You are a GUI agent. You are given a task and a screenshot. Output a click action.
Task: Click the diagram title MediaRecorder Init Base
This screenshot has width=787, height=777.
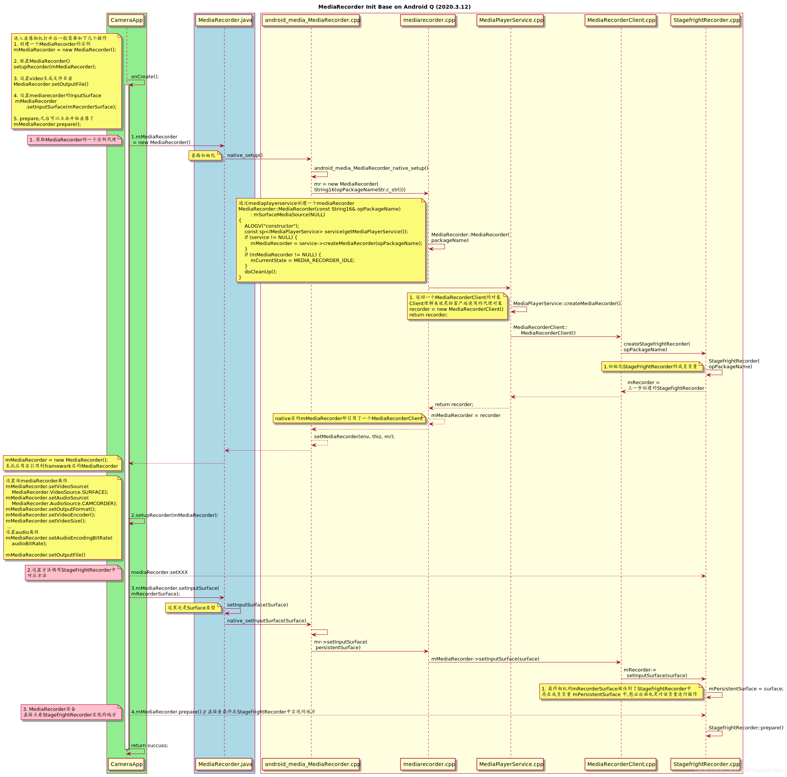pos(394,7)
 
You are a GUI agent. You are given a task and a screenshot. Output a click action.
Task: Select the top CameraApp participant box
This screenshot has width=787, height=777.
pos(126,20)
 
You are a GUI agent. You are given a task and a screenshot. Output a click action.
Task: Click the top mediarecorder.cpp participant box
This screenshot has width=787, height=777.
pos(429,20)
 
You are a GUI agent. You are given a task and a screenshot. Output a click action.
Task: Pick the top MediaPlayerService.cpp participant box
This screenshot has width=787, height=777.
pos(511,20)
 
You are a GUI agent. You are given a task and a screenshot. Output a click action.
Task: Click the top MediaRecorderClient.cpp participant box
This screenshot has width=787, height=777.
pos(621,20)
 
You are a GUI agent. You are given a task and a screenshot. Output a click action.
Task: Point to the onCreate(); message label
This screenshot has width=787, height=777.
pos(145,77)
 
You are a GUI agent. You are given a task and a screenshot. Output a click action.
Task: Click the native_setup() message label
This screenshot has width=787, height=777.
pos(245,155)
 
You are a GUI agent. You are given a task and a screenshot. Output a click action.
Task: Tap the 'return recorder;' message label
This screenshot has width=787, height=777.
pos(454,405)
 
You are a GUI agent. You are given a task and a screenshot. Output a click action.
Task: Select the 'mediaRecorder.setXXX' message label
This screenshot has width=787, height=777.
pos(159,572)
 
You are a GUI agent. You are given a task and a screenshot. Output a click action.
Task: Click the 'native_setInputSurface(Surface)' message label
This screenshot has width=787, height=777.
pos(266,620)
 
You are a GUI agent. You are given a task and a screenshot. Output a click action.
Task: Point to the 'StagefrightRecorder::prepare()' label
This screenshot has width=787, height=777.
pos(745,728)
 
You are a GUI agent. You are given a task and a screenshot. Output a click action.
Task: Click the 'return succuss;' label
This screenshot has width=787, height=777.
pos(149,745)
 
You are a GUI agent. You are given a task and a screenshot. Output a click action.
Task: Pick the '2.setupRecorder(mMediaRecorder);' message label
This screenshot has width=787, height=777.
pos(174,515)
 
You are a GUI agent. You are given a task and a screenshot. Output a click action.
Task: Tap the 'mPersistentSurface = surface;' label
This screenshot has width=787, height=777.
pos(745,689)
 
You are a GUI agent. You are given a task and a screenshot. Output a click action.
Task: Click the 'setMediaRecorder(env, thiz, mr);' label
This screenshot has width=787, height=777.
pos(354,436)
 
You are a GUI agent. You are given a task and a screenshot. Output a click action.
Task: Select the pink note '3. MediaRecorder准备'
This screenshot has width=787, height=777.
pos(71,712)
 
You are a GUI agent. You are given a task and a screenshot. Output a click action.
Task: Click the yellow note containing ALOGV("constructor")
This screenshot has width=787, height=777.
pos(331,240)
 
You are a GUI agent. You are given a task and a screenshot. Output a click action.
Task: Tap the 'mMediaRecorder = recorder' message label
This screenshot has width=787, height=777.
pos(466,415)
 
